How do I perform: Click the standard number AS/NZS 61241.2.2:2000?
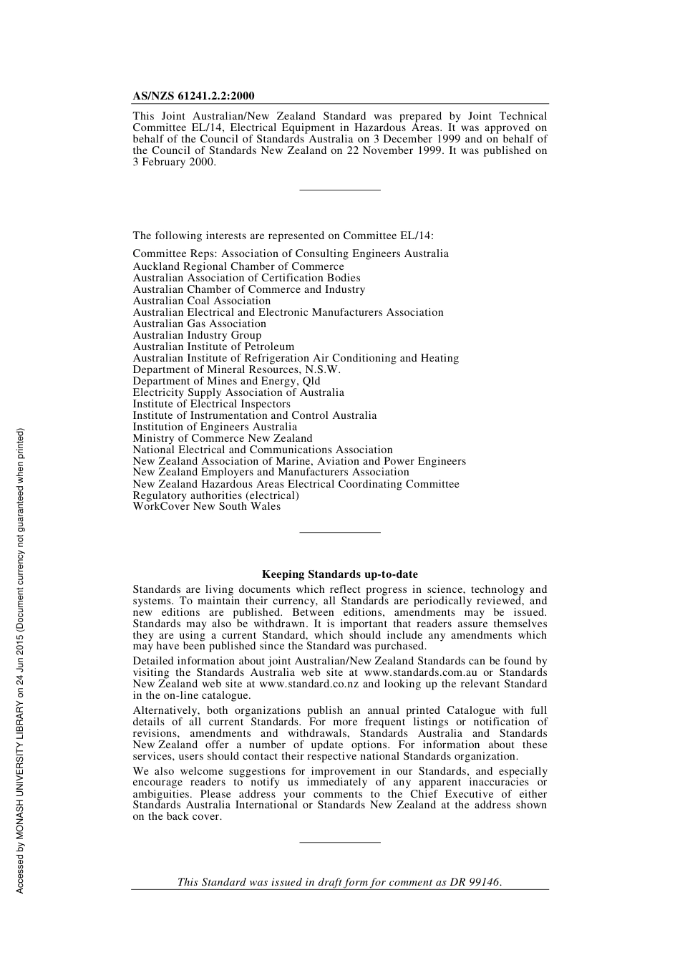[193, 96]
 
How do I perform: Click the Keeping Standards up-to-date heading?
[339, 574]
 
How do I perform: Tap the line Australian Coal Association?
[201, 301]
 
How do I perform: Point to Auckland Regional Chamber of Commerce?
[238, 266]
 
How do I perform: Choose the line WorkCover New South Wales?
[206, 506]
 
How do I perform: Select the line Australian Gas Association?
[199, 324]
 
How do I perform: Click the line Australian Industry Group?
[197, 335]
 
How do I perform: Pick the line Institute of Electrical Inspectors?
[211, 404]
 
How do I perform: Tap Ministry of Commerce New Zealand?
[222, 438]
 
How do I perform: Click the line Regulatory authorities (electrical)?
[215, 495]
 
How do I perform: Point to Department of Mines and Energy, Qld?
[226, 381]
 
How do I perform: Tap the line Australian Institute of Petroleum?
[213, 347]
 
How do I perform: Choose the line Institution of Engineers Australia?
[215, 427]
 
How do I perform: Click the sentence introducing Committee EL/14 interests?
[283, 236]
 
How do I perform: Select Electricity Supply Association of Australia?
[238, 392]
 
